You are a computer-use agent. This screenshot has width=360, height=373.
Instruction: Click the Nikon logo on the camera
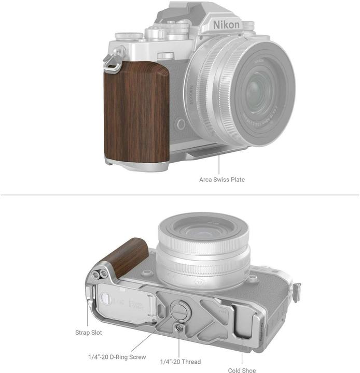pyautogui.click(x=227, y=24)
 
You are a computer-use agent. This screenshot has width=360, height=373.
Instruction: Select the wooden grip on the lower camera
pyautogui.click(x=128, y=257)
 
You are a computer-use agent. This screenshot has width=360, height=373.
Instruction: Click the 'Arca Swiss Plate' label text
pyautogui.click(x=221, y=180)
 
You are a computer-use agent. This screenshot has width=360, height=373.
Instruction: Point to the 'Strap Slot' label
pyautogui.click(x=88, y=333)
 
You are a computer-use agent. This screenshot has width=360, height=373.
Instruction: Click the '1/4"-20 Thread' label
pyautogui.click(x=181, y=362)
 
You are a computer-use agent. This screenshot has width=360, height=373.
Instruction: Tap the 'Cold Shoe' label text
pyautogui.click(x=241, y=370)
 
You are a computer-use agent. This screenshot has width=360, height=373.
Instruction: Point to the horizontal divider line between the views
pyautogui.click(x=180, y=195)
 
